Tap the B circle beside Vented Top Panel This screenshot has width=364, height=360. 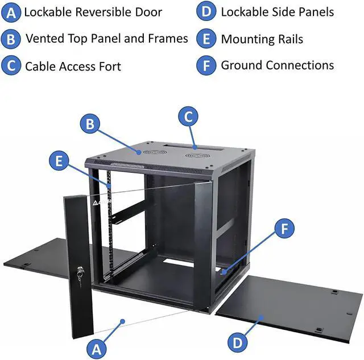tap(11, 39)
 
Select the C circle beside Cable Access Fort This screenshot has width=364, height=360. tap(11, 65)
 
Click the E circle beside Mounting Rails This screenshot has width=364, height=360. tap(206, 39)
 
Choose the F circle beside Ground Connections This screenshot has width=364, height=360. tap(206, 65)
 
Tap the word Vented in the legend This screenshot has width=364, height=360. tap(44, 38)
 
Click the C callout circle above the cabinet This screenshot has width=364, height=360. tap(189, 117)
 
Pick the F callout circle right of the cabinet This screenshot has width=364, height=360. tap(285, 229)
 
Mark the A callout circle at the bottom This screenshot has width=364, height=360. tap(97, 347)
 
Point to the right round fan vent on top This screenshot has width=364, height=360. tap(195, 155)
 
